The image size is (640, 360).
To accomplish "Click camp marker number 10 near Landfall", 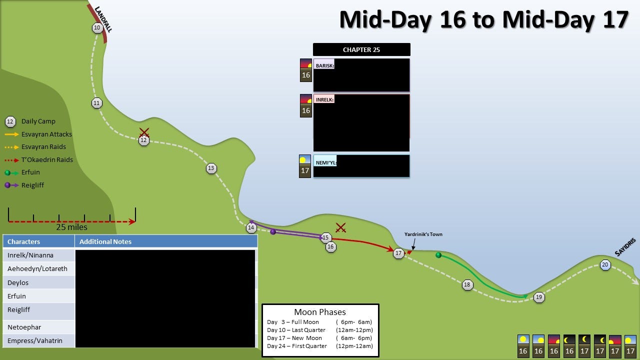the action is coord(97,28).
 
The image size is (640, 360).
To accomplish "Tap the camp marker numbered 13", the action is coord(211,168).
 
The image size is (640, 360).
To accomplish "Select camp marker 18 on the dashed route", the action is coord(467,284).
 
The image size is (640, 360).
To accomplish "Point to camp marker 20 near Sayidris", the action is coord(605,265).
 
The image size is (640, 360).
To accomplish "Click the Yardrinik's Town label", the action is coord(423,234).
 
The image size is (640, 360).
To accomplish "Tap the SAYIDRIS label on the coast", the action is coord(625,247).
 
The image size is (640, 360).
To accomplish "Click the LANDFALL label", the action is coord(103,19).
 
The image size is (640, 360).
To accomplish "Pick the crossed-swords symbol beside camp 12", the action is coord(144,132).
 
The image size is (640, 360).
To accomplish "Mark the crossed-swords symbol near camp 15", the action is coord(341,228).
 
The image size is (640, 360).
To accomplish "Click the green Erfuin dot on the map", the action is coord(438,255).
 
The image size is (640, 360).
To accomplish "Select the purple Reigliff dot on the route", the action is coord(273,231).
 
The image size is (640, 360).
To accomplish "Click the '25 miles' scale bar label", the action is coord(71,227).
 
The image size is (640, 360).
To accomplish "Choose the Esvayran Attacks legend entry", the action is coord(46,134).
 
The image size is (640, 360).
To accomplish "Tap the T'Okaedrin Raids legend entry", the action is coord(47,160).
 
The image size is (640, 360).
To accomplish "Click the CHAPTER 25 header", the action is coord(361,49).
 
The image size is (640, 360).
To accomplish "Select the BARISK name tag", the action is coord(325,65).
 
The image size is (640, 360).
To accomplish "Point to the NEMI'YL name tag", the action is coord(326,162).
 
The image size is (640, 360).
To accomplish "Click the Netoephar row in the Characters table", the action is coord(24,327).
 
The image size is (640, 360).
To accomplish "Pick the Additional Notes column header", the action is coord(105,241).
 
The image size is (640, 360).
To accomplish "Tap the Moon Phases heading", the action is coord(320,312).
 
